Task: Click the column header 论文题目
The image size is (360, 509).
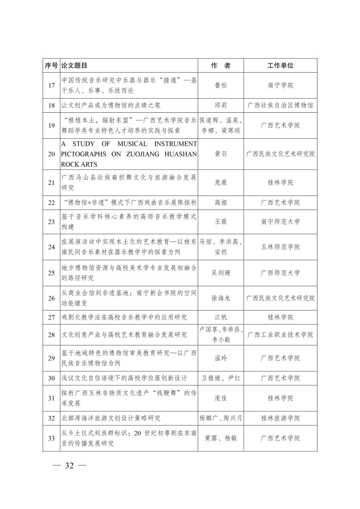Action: [74, 66]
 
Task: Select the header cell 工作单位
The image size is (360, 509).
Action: [280, 66]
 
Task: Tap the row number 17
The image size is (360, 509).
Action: [52, 86]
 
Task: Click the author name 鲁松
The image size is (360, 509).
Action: [221, 85]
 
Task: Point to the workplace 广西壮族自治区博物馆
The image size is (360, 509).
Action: [280, 105]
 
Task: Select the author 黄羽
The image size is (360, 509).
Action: [221, 154]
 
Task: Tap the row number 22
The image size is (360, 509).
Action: [52, 203]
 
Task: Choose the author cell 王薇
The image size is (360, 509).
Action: [221, 222]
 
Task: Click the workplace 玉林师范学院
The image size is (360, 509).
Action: [280, 247]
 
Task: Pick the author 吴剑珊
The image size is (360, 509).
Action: [221, 273]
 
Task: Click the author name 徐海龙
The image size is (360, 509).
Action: [221, 298]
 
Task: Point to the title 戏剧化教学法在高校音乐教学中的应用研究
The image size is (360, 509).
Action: [124, 317]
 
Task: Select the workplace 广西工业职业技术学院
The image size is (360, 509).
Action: [280, 335]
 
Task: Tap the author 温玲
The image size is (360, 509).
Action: [221, 358]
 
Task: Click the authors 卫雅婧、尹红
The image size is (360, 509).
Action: [221, 378]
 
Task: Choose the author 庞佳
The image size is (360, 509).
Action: [221, 398]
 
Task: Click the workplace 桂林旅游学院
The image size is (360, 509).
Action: [280, 418]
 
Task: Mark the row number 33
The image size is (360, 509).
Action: [52, 438]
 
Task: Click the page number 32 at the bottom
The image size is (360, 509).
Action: [69, 466]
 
